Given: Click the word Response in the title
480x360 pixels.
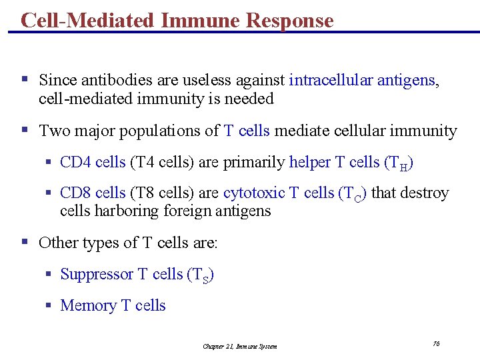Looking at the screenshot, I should point(289,21).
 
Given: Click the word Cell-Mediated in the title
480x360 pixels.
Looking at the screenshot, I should point(88,21).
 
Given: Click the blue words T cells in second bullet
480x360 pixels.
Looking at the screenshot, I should point(247,131).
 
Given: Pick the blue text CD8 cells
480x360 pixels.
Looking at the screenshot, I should point(93,193).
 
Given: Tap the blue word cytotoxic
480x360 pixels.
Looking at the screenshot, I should point(254,193).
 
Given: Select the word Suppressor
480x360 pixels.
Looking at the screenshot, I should point(97,274).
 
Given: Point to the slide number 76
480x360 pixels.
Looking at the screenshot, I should point(436,343).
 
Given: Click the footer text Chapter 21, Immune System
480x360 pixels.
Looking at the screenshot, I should point(240,346).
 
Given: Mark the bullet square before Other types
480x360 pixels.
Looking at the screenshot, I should point(25,242).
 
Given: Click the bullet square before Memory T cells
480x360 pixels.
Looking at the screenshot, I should point(49,305).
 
